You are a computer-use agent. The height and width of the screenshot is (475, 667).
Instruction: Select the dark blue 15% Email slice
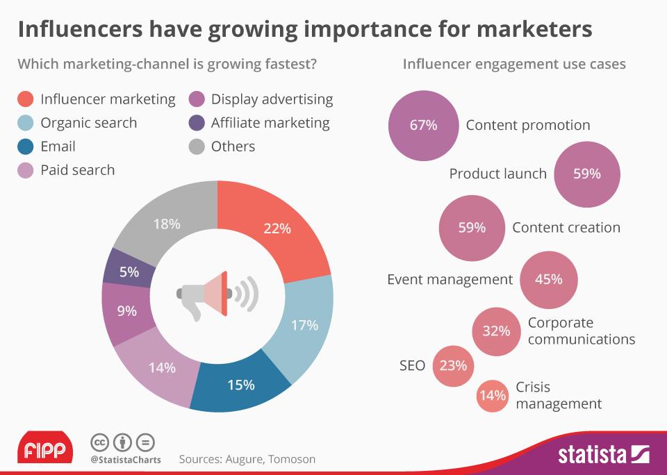(x=240, y=385)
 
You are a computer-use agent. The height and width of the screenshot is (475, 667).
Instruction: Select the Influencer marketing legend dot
(x=26, y=99)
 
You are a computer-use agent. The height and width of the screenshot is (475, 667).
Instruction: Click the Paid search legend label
(x=77, y=170)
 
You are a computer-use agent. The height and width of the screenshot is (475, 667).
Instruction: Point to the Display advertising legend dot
(x=197, y=99)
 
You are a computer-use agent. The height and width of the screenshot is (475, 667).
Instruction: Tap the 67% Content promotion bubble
(x=423, y=126)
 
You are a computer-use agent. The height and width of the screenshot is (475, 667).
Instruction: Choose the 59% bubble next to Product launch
(x=586, y=174)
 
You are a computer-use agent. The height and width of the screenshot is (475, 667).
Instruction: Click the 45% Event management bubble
(x=548, y=279)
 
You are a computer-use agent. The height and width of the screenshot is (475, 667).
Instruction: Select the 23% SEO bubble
(x=453, y=365)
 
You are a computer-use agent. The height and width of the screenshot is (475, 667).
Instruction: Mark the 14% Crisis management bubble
(x=493, y=395)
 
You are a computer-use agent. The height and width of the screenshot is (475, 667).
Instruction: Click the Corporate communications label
(x=581, y=331)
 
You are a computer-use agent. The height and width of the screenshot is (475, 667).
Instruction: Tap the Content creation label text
(x=566, y=228)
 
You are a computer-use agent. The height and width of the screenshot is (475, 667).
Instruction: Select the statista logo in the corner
(x=603, y=456)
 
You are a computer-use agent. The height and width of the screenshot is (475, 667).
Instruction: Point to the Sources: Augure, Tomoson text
(x=247, y=459)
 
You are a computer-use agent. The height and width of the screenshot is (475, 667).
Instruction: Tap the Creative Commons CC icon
(x=99, y=442)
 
